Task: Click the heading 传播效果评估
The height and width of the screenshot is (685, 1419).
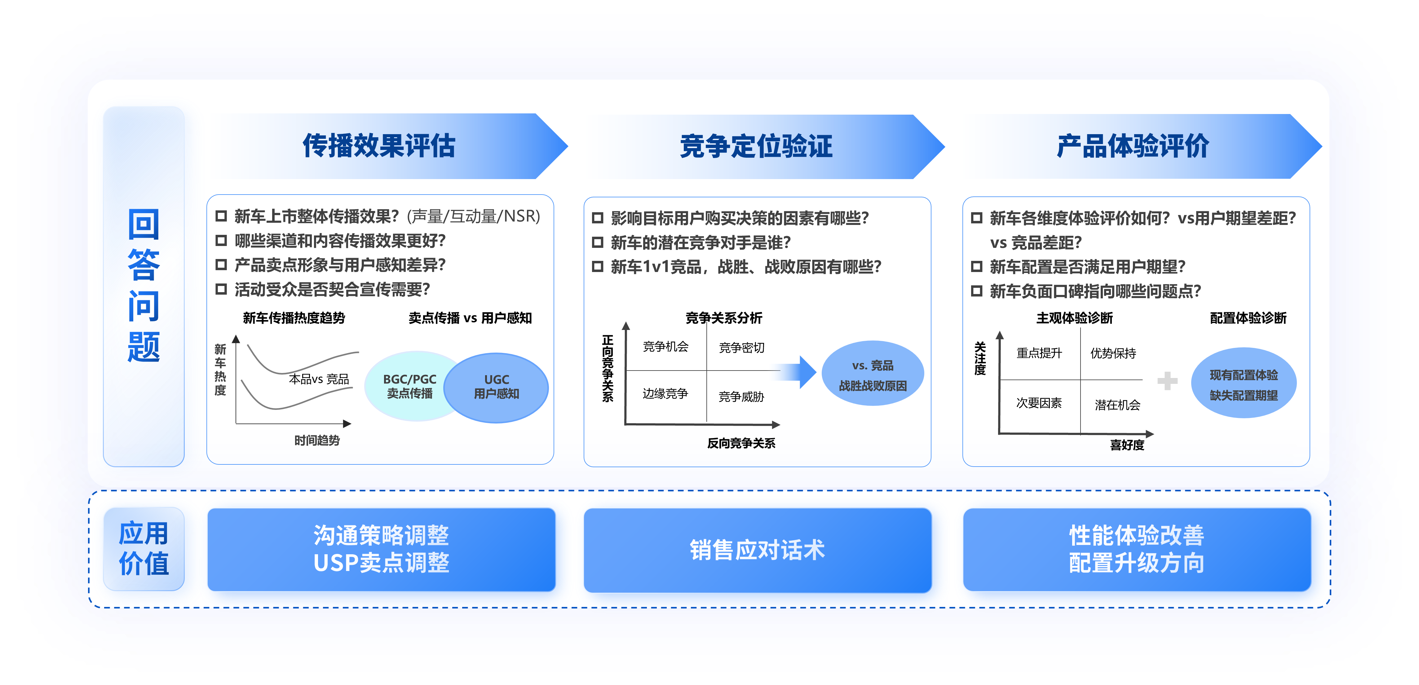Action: pos(379,146)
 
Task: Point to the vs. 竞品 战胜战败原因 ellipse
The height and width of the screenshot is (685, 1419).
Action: pos(873,373)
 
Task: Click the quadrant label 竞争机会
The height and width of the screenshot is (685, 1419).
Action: pos(665,346)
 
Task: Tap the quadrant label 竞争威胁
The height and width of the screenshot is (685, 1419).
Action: pos(741,397)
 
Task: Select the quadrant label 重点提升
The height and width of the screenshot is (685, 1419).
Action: pos(1039,353)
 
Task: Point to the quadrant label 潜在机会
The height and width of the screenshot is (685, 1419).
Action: pos(1117,405)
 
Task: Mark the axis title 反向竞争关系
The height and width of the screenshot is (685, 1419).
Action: pos(741,443)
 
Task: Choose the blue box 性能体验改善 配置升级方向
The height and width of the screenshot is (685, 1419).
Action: pos(1136,550)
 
